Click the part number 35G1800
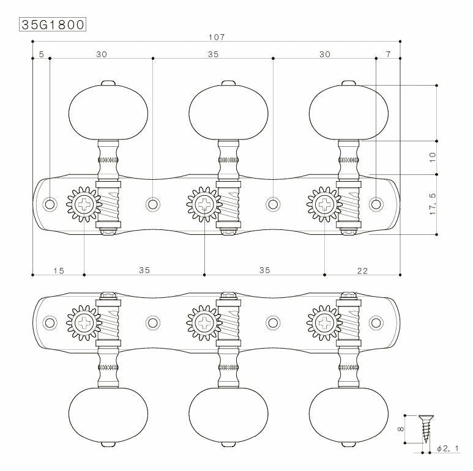tap(53, 24)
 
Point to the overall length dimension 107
tap(217, 37)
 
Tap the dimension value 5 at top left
tap(42, 54)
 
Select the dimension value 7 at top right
tap(388, 54)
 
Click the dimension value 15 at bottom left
tap(59, 271)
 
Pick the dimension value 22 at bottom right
tap(362, 271)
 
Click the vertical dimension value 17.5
tap(433, 204)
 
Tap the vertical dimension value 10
tap(433, 157)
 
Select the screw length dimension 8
tap(401, 429)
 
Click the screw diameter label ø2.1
tap(448, 448)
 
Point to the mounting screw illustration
tap(426, 429)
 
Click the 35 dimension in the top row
tap(213, 54)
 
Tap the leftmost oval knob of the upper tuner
tap(108, 113)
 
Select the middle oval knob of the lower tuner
tap(228, 415)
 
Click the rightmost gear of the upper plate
tap(324, 204)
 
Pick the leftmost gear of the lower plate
tap(84, 323)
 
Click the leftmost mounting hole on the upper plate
tap(50, 204)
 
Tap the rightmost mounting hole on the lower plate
tap(376, 322)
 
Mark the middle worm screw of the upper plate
tap(228, 204)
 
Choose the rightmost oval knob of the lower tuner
tap(348, 415)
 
